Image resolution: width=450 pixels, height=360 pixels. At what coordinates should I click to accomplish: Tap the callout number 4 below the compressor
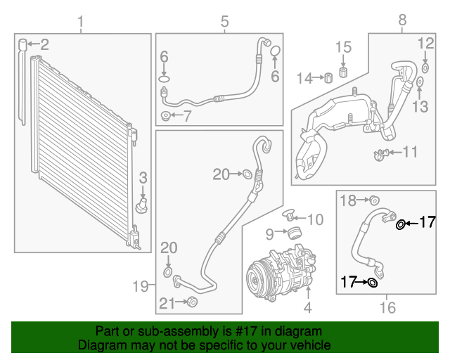click(307, 307)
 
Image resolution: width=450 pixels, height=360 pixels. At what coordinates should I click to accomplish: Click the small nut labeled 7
click(165, 115)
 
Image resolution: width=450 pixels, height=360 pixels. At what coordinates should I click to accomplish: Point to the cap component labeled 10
click(288, 214)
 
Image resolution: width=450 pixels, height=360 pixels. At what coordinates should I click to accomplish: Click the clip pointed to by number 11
click(380, 153)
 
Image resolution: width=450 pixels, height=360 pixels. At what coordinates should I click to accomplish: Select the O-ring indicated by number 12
click(425, 68)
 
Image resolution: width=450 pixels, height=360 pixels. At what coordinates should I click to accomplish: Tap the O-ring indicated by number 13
click(420, 84)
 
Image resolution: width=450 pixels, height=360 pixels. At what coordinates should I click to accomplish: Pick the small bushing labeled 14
click(327, 77)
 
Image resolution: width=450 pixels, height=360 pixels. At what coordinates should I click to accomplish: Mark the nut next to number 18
click(374, 201)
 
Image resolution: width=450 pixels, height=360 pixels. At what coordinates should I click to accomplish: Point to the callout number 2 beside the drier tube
click(44, 45)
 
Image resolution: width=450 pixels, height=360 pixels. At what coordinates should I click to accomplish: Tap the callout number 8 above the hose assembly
click(402, 21)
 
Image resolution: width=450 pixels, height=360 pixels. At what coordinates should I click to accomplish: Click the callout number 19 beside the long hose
click(141, 285)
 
